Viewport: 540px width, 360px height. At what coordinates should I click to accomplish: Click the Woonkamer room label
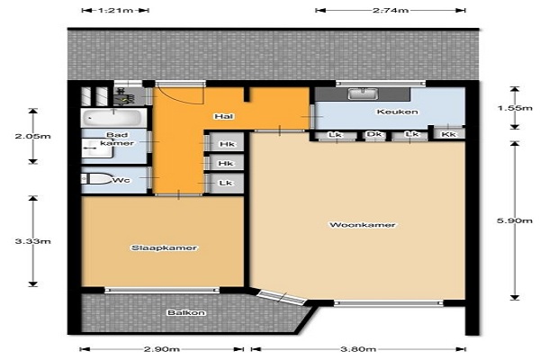[x=363, y=225]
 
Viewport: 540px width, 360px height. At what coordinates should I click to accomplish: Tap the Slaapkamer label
[x=165, y=248]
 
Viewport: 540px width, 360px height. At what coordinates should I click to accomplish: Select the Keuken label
[x=398, y=112]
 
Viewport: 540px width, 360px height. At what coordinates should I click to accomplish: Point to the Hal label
[x=224, y=116]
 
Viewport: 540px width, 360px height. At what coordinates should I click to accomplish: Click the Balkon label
[x=186, y=313]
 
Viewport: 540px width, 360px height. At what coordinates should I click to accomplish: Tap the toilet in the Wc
[x=97, y=179]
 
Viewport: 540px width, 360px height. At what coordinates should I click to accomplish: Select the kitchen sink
[x=363, y=94]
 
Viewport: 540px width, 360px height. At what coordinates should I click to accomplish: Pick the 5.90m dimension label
[x=515, y=220]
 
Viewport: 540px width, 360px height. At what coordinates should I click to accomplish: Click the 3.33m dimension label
[x=32, y=241]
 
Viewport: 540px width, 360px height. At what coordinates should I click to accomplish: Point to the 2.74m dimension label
[x=391, y=10]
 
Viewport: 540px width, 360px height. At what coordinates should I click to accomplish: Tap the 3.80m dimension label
[x=358, y=349]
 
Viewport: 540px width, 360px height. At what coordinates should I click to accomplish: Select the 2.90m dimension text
[x=161, y=349]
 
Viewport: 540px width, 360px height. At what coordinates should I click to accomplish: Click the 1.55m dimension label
[x=515, y=108]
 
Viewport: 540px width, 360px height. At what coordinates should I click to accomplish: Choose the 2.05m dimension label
[x=32, y=136]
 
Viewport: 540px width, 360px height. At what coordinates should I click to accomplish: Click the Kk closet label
[x=448, y=134]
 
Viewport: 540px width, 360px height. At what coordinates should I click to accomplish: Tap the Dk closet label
[x=374, y=134]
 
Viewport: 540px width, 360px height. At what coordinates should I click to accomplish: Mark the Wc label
[x=121, y=180]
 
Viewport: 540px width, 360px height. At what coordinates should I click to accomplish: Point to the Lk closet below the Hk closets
[x=225, y=183]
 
